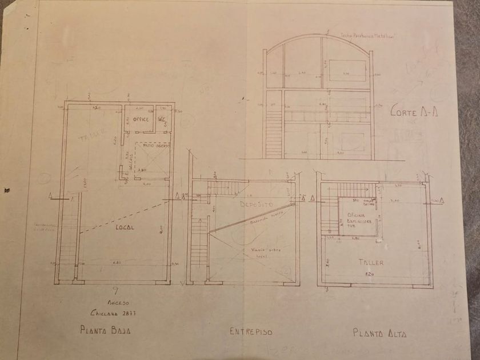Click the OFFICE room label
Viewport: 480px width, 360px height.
click(x=141, y=119)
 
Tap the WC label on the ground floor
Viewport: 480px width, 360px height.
click(x=161, y=119)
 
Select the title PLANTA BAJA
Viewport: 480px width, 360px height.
click(x=108, y=330)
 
